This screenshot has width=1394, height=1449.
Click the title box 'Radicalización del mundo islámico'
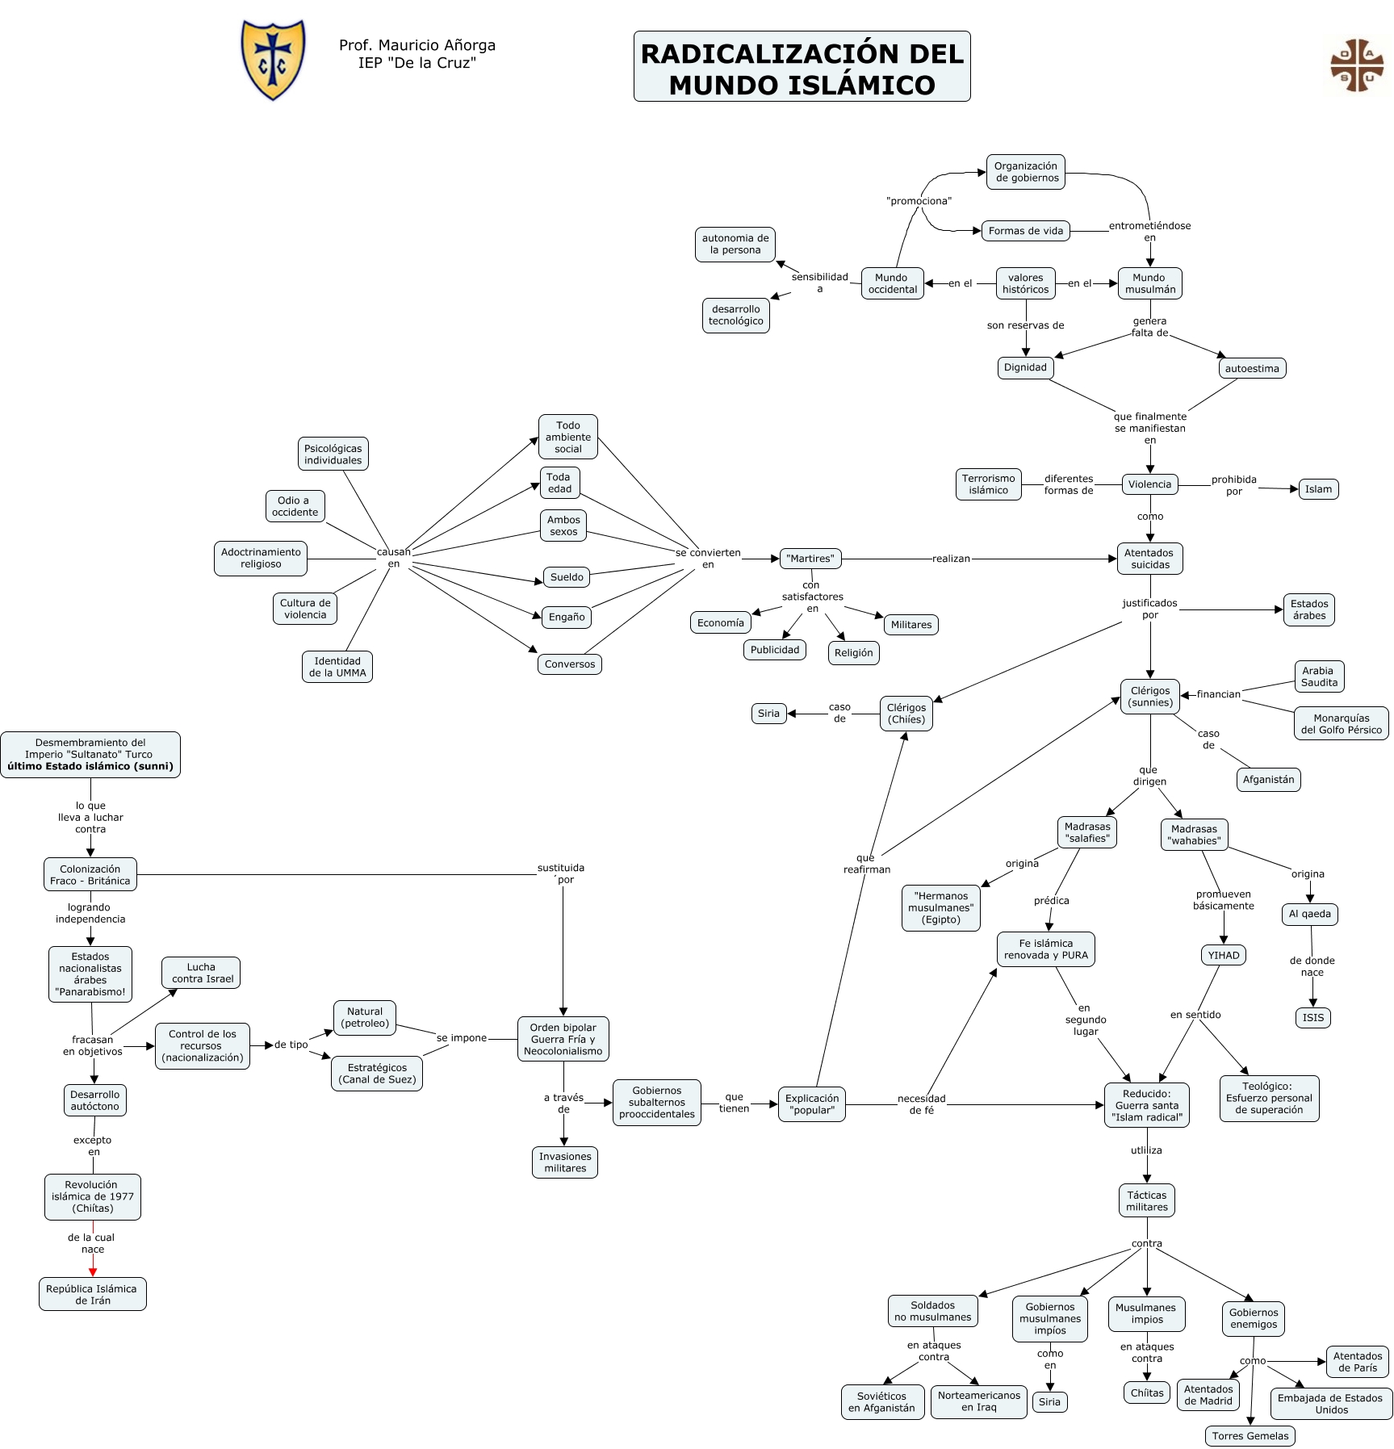[x=802, y=67]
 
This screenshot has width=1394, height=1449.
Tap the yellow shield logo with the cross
[x=274, y=59]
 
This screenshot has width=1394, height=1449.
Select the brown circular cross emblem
[x=1356, y=65]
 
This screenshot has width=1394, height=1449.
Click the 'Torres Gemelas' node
[x=1250, y=1435]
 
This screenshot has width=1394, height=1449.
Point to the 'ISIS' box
[x=1312, y=1017]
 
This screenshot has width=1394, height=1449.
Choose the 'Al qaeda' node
[x=1309, y=914]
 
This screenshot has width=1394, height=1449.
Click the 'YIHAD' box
[x=1223, y=955]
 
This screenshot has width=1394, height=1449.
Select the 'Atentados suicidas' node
[x=1149, y=559]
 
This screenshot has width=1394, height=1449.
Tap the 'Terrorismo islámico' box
[x=988, y=484]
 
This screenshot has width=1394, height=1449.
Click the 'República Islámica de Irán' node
[x=92, y=1294]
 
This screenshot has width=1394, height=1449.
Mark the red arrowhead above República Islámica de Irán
[x=93, y=1272]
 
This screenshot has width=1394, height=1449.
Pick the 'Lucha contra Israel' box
[x=201, y=973]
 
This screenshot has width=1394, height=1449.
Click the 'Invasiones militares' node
[x=565, y=1162]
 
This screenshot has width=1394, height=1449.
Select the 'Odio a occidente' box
[x=295, y=506]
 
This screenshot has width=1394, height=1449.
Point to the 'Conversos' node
[x=569, y=664]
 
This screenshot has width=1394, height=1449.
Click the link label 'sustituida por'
[x=562, y=873]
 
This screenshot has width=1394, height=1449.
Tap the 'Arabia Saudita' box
[x=1319, y=676]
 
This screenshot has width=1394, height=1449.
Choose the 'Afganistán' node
[x=1268, y=779]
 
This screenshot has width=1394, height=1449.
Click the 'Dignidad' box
[x=1024, y=367]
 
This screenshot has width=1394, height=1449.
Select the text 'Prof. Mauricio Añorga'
[x=417, y=45]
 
